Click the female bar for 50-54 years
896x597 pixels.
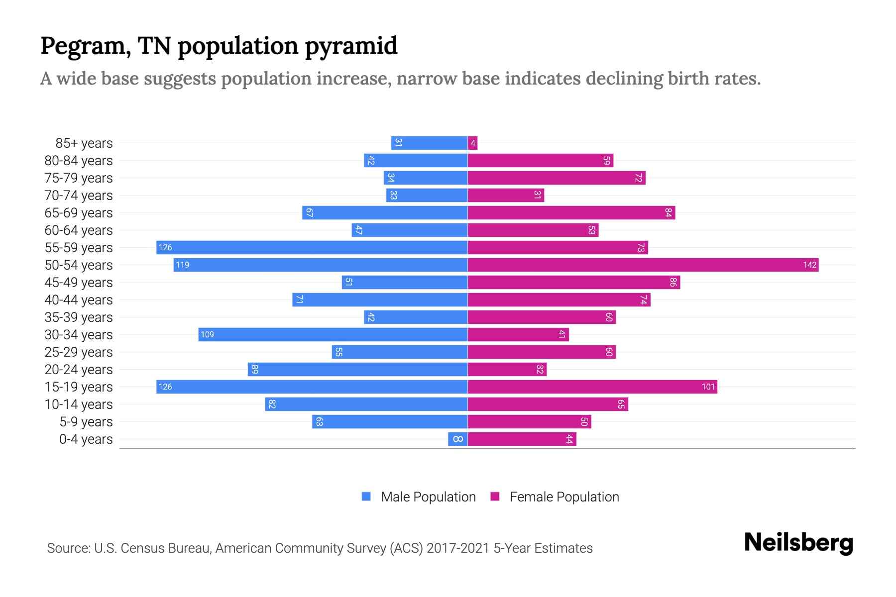tap(642, 265)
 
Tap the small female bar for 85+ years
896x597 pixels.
tap(472, 143)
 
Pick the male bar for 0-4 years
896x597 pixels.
tap(457, 439)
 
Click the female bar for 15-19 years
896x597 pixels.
tap(592, 387)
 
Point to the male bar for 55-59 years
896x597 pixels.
tap(312, 247)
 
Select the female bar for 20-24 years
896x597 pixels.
tap(507, 369)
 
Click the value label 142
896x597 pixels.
tap(809, 265)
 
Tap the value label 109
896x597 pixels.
tap(207, 334)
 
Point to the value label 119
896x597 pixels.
tap(182, 265)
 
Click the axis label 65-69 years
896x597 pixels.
tap(79, 213)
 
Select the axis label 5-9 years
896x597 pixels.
tap(86, 422)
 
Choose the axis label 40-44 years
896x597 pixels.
tap(79, 300)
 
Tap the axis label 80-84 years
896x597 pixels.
tap(79, 161)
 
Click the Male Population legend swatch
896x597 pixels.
tap(366, 497)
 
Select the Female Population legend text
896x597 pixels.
tap(564, 497)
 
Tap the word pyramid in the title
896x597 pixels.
tap(351, 46)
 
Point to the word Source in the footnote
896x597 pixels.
tap(68, 548)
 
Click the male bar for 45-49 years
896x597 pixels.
tap(404, 282)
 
